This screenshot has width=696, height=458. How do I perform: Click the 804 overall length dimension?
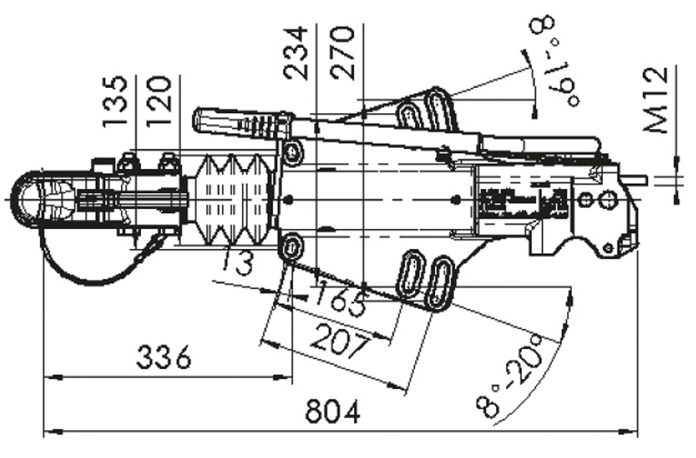click(332, 413)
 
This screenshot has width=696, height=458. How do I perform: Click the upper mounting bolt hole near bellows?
click(291, 154)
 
